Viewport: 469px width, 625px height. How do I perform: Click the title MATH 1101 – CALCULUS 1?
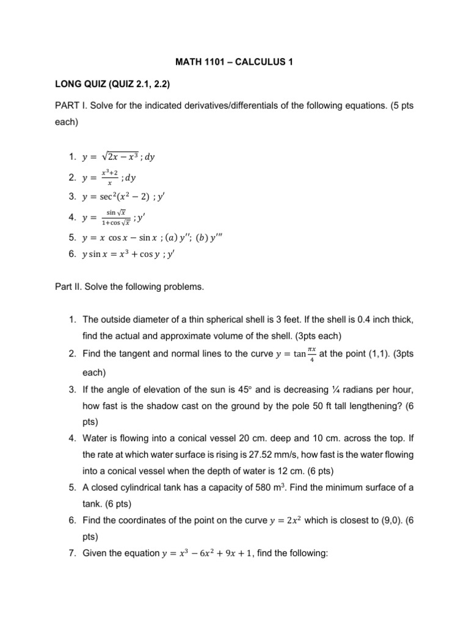click(x=234, y=61)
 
